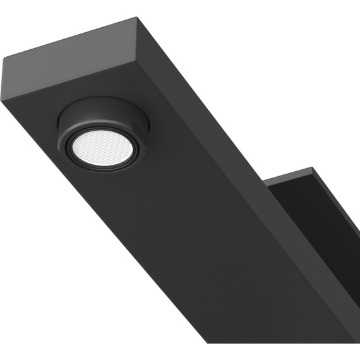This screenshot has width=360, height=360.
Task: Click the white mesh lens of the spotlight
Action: point(102,147)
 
